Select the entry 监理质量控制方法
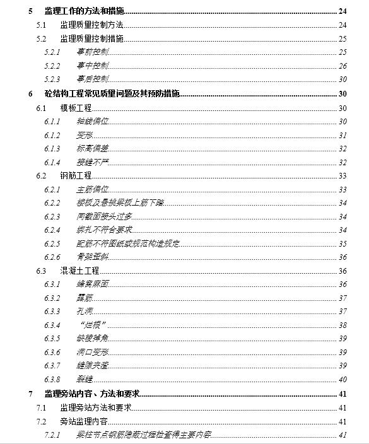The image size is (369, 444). (91, 25)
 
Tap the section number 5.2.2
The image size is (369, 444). (52, 66)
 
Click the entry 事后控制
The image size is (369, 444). (92, 79)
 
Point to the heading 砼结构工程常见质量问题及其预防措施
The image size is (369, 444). (112, 94)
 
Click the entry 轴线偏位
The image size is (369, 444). (92, 121)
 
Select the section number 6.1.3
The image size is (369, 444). (52, 148)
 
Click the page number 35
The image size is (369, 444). (343, 243)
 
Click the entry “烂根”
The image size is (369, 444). (94, 325)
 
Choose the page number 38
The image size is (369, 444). (343, 325)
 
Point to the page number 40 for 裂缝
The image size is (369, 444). (343, 380)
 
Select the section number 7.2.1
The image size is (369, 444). (52, 435)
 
